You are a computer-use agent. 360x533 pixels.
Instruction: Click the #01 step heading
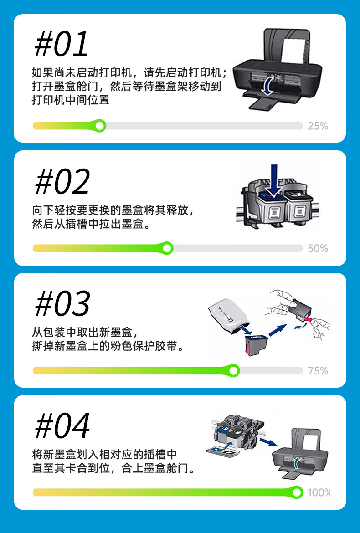(x=62, y=45)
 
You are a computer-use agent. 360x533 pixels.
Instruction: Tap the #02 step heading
(x=62, y=182)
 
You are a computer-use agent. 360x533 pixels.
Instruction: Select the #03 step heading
(x=62, y=303)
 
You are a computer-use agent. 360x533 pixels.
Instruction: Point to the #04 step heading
(x=62, y=425)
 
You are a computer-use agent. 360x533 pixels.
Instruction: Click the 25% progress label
(x=318, y=126)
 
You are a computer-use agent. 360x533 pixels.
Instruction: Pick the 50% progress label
(x=318, y=248)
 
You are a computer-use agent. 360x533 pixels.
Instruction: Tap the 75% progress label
(x=318, y=370)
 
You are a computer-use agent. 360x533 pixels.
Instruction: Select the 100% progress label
(x=319, y=492)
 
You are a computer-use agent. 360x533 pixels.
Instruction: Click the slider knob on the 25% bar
(x=100, y=126)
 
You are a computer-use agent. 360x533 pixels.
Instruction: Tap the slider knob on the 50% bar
(x=167, y=248)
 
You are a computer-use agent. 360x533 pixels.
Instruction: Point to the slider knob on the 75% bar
(x=233, y=370)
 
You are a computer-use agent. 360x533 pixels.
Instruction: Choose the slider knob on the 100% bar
(x=297, y=492)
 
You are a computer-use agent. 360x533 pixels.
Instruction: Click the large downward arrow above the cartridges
(x=274, y=180)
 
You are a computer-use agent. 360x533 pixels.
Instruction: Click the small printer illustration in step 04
(x=300, y=452)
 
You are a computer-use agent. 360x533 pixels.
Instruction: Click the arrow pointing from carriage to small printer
(x=268, y=441)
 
